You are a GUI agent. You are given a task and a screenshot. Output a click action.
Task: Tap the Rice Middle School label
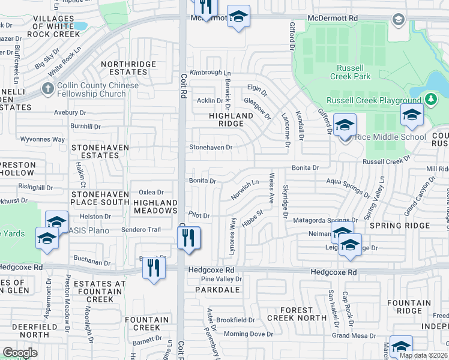coord(390,137)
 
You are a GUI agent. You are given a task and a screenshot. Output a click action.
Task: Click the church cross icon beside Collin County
coord(47,89)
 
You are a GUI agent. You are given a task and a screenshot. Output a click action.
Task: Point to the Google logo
coord(20,353)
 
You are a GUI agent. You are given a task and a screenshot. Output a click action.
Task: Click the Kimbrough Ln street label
coord(205,73)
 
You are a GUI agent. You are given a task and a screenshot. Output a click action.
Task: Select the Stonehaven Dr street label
coord(211,146)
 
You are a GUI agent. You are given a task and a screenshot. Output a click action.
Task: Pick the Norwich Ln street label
coord(245,191)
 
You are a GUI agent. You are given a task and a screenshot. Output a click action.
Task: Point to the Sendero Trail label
coord(141,230)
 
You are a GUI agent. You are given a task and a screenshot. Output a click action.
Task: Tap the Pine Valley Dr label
coord(221,279)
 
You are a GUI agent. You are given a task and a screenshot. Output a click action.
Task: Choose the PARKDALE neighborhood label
coord(217,289)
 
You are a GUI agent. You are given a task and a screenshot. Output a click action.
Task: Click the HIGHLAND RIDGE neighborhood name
coord(231,119)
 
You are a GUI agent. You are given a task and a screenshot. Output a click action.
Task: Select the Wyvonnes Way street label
coord(43,139)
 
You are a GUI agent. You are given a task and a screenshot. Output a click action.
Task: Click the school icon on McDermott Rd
coord(238,18)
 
